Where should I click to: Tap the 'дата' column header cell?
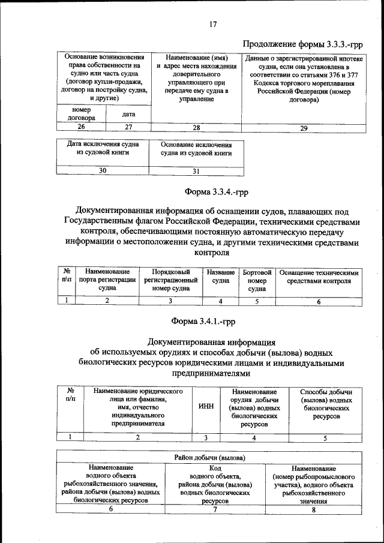pos(128,113)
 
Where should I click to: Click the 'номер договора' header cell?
pos(81,114)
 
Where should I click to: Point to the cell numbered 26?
pos(81,127)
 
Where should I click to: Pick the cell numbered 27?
pos(128,127)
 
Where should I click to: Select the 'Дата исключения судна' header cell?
pos(103,149)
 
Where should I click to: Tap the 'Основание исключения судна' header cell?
pos(196,149)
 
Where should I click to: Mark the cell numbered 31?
pos(196,171)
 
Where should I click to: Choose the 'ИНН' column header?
pos(205,406)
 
